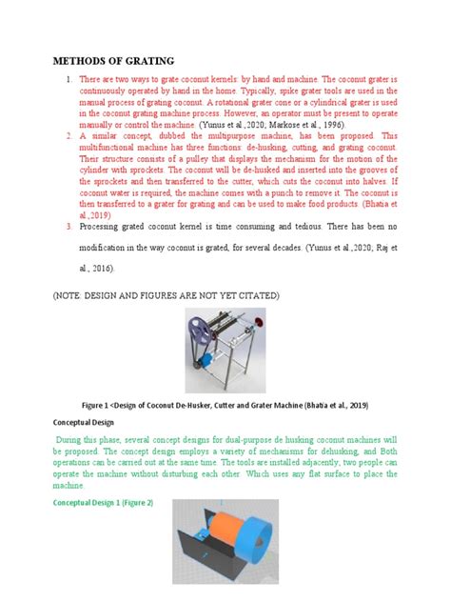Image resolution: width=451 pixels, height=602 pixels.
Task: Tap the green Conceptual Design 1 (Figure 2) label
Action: click(x=104, y=501)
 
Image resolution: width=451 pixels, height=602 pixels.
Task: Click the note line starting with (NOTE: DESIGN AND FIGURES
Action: click(x=166, y=296)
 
